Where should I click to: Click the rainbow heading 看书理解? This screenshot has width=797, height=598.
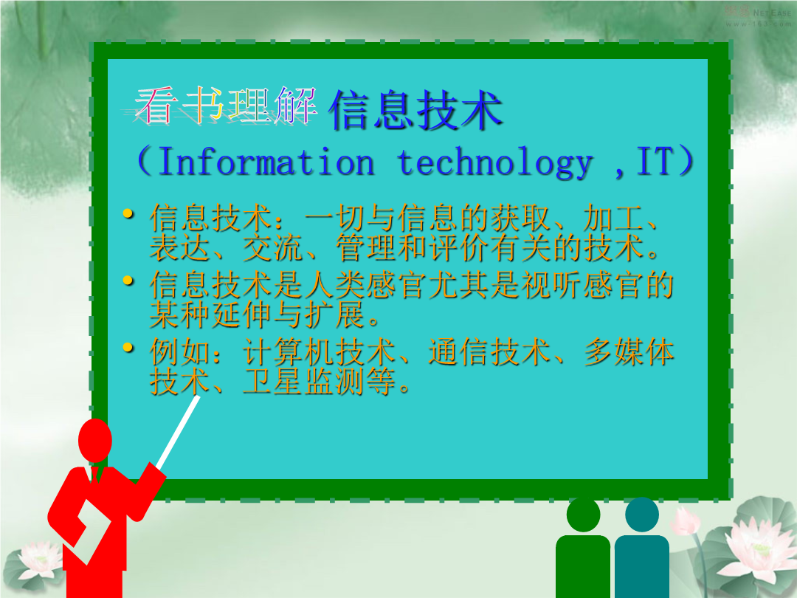(225, 106)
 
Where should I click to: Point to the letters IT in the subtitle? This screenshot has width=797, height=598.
(655, 161)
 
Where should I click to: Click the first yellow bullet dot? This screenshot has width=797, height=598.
(129, 213)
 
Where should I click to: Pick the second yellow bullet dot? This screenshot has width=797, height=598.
(129, 281)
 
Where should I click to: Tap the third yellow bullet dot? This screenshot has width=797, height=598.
(129, 348)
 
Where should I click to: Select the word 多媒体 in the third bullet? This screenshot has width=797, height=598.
(629, 352)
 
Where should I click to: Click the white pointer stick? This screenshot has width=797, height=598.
(178, 433)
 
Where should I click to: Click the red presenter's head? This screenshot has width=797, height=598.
(95, 440)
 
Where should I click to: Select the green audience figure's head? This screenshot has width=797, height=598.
(583, 515)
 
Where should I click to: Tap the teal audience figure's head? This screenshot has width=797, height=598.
(642, 515)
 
